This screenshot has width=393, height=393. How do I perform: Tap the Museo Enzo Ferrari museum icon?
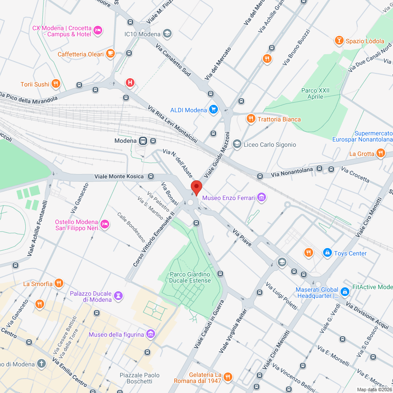point(262,198)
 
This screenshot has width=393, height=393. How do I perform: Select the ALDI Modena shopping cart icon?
point(214,110)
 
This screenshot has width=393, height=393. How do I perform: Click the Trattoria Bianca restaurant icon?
point(250,119)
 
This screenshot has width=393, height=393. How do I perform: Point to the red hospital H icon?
point(130,82)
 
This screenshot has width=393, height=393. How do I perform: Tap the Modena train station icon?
point(143,141)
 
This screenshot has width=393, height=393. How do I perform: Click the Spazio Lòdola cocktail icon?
point(338,41)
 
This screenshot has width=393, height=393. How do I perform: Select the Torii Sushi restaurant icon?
point(56,84)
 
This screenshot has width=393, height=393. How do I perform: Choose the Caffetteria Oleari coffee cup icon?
point(110,54)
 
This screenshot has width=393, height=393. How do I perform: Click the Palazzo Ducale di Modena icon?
point(118,296)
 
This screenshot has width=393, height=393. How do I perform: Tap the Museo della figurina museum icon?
point(151,334)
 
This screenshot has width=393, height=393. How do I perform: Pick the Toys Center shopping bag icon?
point(327,253)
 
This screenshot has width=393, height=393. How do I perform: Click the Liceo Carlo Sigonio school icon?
point(237,144)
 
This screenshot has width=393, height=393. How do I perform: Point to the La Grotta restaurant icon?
point(381,153)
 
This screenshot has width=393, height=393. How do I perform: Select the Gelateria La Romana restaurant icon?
point(228,377)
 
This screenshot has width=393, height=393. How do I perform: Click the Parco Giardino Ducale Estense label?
point(190,277)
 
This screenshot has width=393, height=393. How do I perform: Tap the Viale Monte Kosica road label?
point(119,176)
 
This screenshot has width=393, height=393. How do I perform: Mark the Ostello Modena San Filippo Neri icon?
point(104,224)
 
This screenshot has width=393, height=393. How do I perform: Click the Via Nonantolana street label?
point(292,172)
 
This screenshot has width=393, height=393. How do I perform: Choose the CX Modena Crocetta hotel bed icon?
point(98,30)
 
